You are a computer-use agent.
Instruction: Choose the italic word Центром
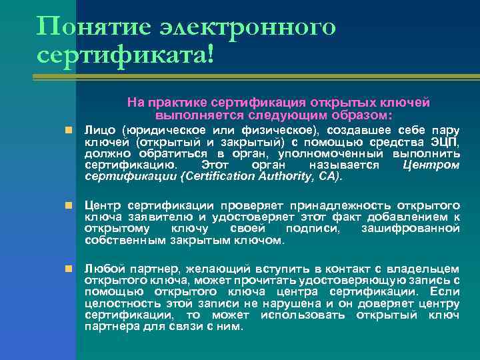click(x=431, y=165)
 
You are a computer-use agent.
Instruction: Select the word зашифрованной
click(x=410, y=229)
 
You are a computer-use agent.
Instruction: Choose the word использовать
click(x=300, y=315)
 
